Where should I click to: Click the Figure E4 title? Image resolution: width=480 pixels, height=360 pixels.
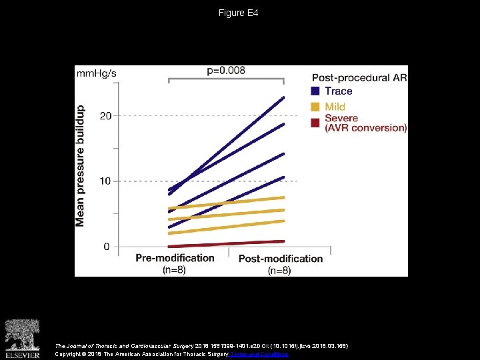pyautogui.click(x=239, y=13)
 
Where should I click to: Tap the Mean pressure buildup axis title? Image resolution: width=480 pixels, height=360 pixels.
pyautogui.click(x=81, y=165)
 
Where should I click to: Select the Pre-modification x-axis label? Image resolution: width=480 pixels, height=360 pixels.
pyautogui.click(x=175, y=258)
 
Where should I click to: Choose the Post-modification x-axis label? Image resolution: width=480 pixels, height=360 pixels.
pyautogui.click(x=280, y=259)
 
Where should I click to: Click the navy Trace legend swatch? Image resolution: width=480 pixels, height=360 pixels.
pyautogui.click(x=315, y=91)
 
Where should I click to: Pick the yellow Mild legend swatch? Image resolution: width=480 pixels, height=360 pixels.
pyautogui.click(x=315, y=107)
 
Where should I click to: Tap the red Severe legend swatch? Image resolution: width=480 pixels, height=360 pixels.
pyautogui.click(x=315, y=122)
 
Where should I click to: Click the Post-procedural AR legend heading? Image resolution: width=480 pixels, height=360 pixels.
pyautogui.click(x=359, y=77)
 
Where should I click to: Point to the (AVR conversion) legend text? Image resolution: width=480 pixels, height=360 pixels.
pyautogui.click(x=365, y=128)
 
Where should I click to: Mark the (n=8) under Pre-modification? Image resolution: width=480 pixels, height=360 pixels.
pyautogui.click(x=175, y=270)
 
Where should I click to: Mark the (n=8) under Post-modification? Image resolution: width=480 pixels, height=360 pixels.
pyautogui.click(x=280, y=271)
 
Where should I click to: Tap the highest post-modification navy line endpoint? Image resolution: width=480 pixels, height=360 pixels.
pyautogui.click(x=283, y=98)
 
